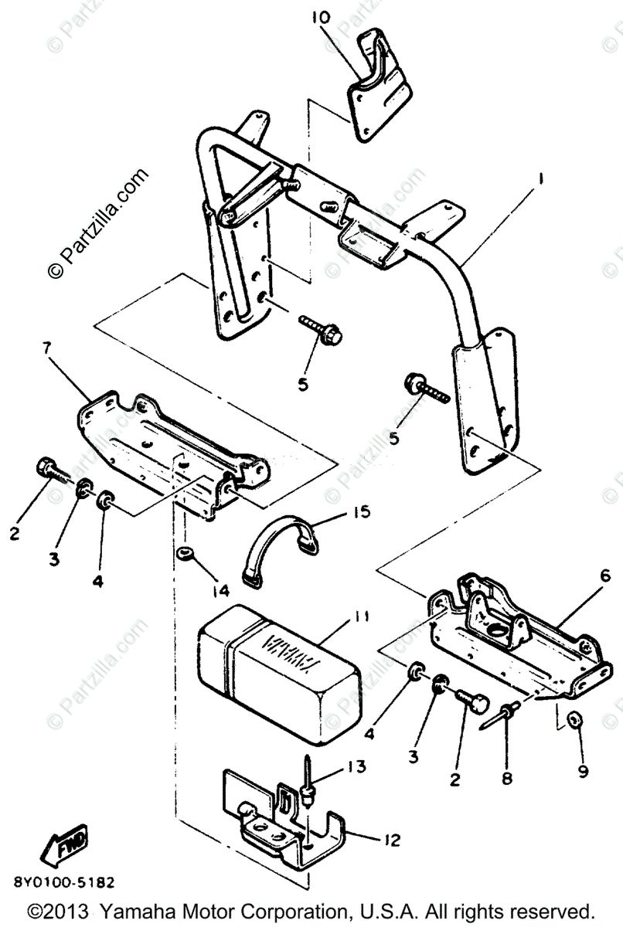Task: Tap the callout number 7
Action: click(x=48, y=348)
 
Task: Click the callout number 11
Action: click(x=361, y=616)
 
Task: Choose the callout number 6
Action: click(x=604, y=576)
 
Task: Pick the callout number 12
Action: click(x=392, y=840)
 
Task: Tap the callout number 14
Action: click(x=222, y=591)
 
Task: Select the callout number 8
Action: click(x=506, y=779)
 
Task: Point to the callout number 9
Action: click(x=582, y=770)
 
